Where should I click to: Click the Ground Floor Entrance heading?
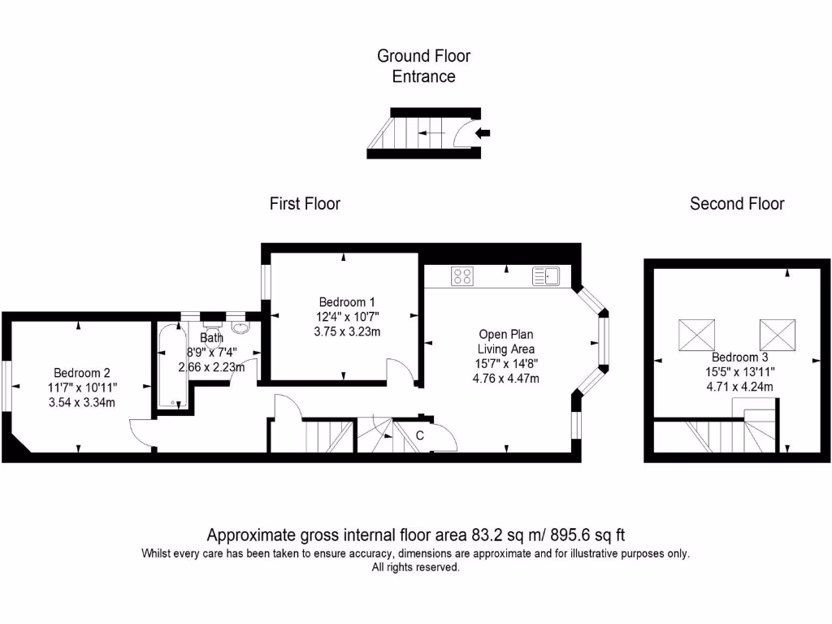[x=423, y=66]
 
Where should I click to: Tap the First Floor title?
[x=305, y=204]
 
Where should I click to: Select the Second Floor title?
[x=736, y=204]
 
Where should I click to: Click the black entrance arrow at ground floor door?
[x=483, y=132]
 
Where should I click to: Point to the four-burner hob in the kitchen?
[x=462, y=276]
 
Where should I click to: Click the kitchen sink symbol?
[x=545, y=276]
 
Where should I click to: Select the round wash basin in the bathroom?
[x=240, y=327]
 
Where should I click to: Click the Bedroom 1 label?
[x=347, y=302]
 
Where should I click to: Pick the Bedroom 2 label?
[x=82, y=373]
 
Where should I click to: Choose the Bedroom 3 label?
[x=739, y=357]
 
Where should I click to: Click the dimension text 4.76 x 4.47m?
[x=505, y=379]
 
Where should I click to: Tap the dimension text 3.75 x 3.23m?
[x=347, y=332]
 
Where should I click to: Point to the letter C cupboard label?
[x=420, y=435]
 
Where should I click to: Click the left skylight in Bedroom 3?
[x=696, y=335]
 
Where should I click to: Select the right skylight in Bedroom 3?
[x=778, y=335]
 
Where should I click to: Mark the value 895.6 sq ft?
[x=587, y=535]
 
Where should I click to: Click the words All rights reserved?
[x=415, y=568]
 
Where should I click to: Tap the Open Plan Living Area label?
[x=505, y=342]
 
